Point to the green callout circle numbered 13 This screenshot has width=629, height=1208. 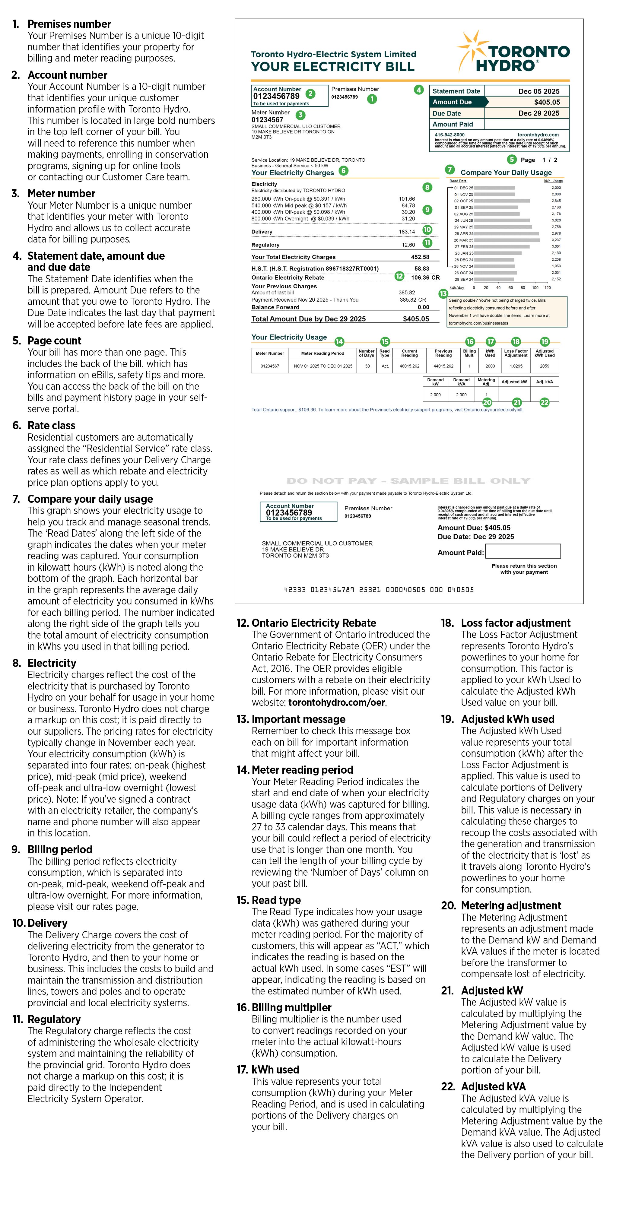point(443,293)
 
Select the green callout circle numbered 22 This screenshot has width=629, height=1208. point(545,402)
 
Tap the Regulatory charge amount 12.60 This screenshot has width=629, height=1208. point(408,245)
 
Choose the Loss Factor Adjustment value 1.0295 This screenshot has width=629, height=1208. point(516,366)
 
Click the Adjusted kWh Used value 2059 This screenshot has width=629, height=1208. point(545,366)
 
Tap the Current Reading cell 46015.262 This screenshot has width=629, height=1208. point(409,366)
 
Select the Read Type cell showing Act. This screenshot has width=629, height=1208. point(385,366)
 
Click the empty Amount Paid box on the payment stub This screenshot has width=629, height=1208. point(523,551)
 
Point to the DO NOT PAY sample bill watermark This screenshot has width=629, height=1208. point(408,481)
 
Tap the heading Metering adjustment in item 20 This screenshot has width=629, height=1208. point(511,905)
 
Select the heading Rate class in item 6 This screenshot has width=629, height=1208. point(51,425)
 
